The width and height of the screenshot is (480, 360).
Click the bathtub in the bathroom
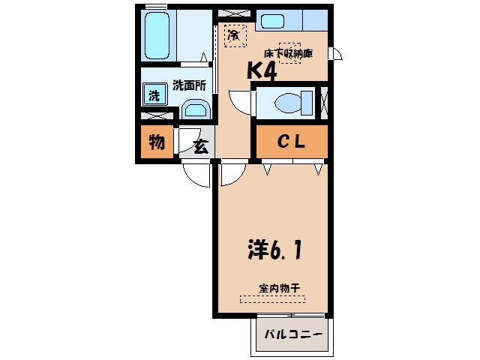(x=157, y=35)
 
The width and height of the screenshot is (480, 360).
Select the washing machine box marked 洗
(x=154, y=94)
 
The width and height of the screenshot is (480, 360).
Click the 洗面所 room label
(x=189, y=85)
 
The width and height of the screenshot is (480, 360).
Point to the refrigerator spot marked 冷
(x=235, y=36)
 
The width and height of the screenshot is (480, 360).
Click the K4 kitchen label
(x=262, y=70)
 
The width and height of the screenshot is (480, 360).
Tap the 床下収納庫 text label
(x=288, y=53)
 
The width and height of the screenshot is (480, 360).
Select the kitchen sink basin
(x=272, y=22)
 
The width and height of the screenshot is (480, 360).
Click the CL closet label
(x=291, y=142)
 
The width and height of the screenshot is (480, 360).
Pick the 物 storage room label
(x=157, y=142)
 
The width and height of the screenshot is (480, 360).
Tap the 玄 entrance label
(x=201, y=147)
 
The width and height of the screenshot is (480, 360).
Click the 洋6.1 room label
(x=274, y=250)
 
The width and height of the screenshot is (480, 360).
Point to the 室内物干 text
(x=279, y=288)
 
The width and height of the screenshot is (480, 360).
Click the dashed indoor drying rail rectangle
(x=272, y=299)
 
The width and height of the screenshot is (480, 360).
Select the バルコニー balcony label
(x=293, y=334)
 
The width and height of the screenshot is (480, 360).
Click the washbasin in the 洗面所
(x=196, y=109)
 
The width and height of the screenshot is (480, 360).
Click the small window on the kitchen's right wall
(x=335, y=53)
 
